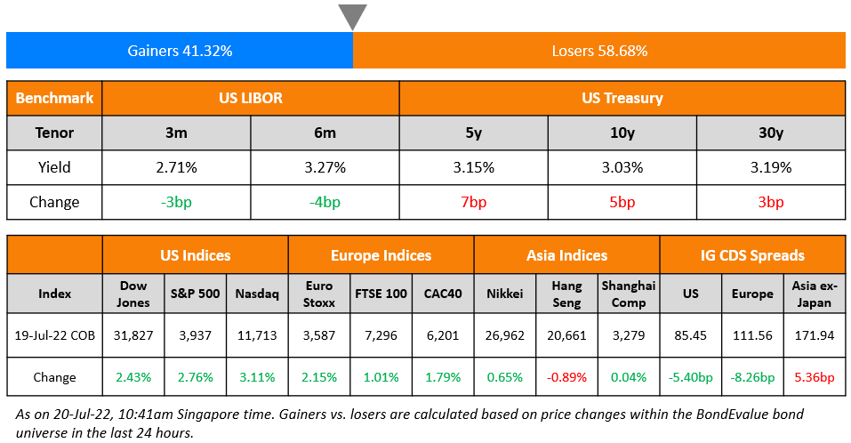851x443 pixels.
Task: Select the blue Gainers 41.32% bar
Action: [x=180, y=51]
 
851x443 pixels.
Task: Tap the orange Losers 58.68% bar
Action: [x=599, y=51]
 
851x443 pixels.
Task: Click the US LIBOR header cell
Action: [x=251, y=98]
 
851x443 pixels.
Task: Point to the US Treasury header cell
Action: [x=622, y=98]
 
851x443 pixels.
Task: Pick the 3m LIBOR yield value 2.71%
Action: [x=176, y=167]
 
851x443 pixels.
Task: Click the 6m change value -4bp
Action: [x=325, y=202]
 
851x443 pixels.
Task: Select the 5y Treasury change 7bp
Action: [x=473, y=202]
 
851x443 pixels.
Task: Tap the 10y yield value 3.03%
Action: [x=622, y=167]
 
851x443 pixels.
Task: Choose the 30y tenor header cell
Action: [x=770, y=133]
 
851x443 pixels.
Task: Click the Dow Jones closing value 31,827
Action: [x=133, y=335]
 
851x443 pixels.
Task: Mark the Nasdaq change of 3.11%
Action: [x=257, y=377]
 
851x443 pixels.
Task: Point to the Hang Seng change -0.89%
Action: [x=566, y=377]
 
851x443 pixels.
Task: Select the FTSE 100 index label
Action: [x=381, y=294]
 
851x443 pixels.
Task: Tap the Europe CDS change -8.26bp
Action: [x=751, y=377]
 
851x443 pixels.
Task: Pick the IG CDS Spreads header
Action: [x=751, y=255]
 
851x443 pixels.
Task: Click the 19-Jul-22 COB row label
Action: [x=54, y=335]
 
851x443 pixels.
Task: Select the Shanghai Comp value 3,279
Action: [x=629, y=335]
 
